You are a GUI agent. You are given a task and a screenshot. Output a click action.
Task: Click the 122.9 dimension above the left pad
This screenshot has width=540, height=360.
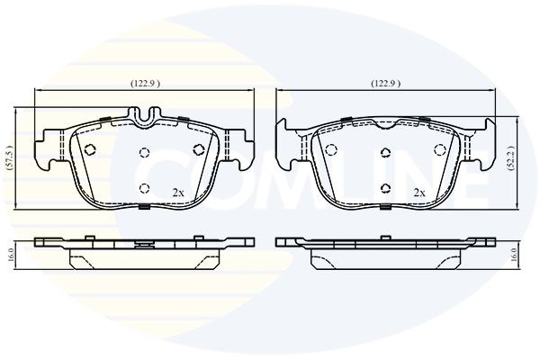point(145,84)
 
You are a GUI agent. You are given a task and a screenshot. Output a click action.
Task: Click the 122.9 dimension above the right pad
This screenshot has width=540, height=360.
point(386,84)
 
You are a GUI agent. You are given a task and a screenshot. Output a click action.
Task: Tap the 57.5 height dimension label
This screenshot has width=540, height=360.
point(10,158)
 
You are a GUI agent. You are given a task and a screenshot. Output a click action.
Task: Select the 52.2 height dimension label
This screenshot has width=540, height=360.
point(512,158)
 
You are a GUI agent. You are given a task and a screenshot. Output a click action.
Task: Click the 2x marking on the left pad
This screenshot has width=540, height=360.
point(178,193)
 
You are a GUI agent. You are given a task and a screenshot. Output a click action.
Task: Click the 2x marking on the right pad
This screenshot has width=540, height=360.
point(419,193)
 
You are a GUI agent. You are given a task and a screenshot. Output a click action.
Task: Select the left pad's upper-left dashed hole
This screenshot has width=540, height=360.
point(90,149)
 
